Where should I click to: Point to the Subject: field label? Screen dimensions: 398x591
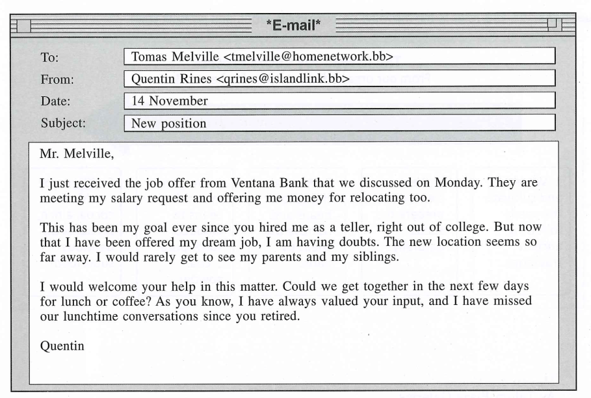(63, 122)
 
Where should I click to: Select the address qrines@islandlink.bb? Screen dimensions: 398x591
(278, 79)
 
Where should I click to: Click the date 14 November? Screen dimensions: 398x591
(170, 101)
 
